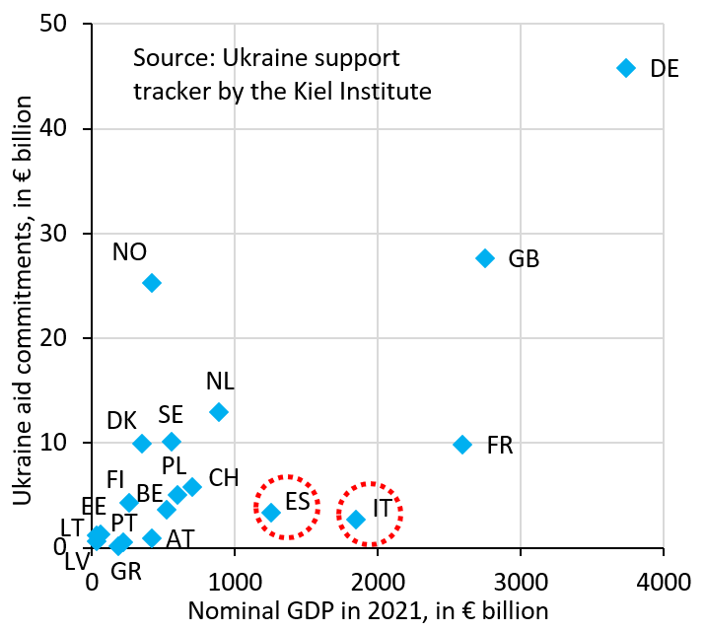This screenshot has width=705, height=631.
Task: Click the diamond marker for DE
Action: pos(625,68)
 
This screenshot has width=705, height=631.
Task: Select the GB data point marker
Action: pos(485,258)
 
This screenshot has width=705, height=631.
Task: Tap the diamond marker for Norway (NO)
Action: pos(151,283)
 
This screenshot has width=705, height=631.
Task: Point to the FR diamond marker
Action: pos(462,445)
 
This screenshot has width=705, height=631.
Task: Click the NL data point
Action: pos(219,412)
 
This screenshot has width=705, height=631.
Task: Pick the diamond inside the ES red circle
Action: pos(271,513)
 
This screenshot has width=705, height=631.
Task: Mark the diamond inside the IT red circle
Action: pos(356,520)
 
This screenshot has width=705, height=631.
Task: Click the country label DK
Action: pos(122,420)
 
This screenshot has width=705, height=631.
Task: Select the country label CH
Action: pos(224,478)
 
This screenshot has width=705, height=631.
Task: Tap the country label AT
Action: pos(179,539)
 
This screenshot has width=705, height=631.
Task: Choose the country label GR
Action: pos(125,571)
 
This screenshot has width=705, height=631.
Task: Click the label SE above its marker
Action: pos(171,414)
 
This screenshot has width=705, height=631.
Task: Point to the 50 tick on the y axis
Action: pos(64,25)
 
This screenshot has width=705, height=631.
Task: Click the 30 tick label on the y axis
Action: pos(64,234)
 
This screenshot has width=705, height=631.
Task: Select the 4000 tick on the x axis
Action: pos(663,571)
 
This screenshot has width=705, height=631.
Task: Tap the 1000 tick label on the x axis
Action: pos(235,571)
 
